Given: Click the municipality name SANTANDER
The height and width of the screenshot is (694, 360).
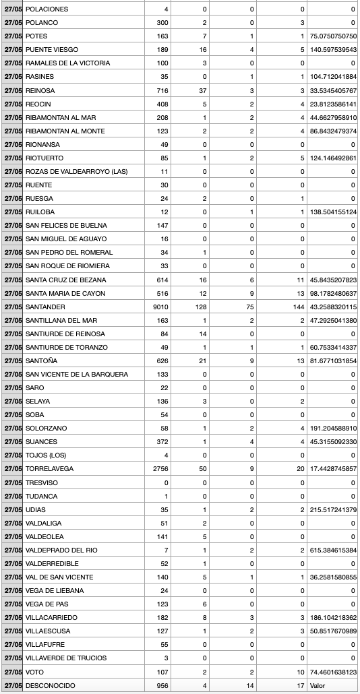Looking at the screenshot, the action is [47, 307].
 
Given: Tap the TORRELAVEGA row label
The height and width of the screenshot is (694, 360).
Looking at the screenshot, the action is [51, 468].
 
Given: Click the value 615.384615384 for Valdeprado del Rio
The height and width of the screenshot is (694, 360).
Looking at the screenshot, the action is [332, 550].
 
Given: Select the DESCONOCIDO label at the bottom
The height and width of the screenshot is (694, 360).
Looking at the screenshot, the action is [51, 685].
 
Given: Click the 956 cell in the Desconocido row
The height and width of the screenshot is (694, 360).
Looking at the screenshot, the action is [162, 685].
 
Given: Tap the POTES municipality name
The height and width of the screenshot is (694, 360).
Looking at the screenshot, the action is [36, 36].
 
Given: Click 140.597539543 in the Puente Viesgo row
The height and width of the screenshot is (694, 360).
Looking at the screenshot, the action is [332, 50].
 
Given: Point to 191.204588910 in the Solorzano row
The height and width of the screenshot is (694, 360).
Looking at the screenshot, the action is [332, 428].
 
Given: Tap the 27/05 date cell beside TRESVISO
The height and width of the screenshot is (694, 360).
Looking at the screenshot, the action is [12, 482].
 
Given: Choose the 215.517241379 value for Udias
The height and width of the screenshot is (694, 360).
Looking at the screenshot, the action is [332, 509].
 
